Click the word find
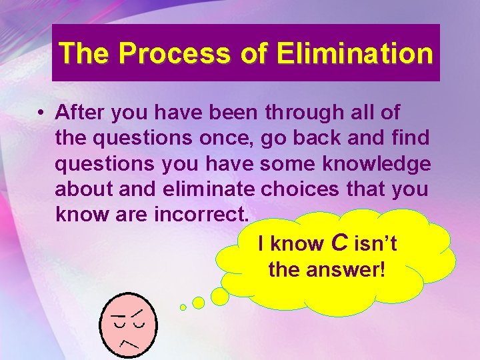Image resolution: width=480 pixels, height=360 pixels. coord(409,139)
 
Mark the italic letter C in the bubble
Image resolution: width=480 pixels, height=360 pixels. coord(339,243)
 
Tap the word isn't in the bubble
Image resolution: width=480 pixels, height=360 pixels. coord(375,244)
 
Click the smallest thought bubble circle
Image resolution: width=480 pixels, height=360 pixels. coord(183,307)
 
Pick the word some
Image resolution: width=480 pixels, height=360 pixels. coord(286,164)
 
